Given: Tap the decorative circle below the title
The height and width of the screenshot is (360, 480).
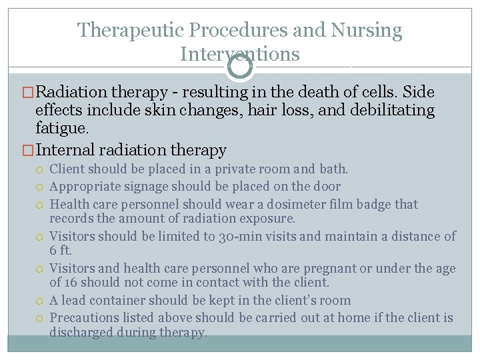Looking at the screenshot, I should [x=240, y=66].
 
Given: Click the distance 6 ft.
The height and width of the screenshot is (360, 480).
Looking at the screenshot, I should [x=60, y=251].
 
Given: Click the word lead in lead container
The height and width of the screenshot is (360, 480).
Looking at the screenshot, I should [x=75, y=300].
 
